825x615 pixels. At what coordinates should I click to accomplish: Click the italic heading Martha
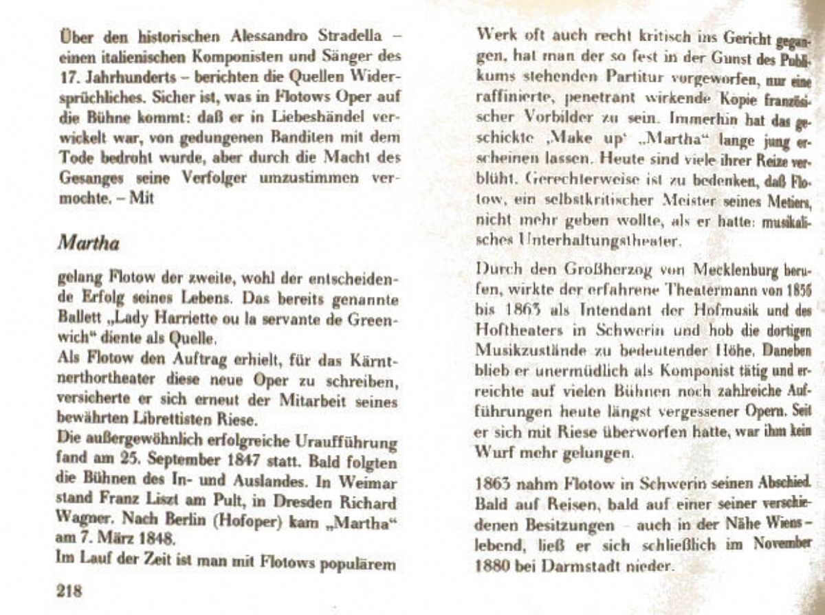click(x=89, y=243)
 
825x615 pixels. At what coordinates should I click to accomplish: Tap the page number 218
click(x=69, y=590)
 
